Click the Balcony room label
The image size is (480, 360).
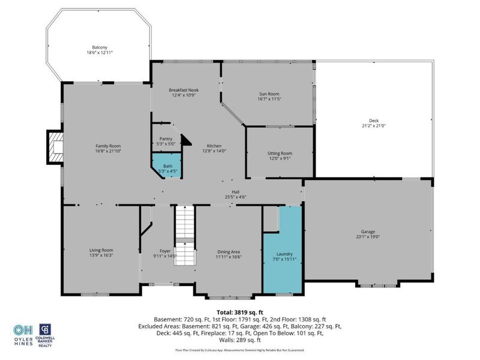(x=99, y=47)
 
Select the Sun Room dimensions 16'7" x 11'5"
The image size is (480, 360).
(x=269, y=99)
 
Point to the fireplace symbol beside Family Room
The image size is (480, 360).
(x=55, y=147)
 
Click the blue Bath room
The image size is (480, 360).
(x=167, y=165)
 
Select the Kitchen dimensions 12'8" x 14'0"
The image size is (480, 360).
(x=214, y=151)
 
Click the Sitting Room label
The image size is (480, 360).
(x=280, y=154)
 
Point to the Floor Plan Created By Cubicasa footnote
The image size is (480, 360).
(x=239, y=350)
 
